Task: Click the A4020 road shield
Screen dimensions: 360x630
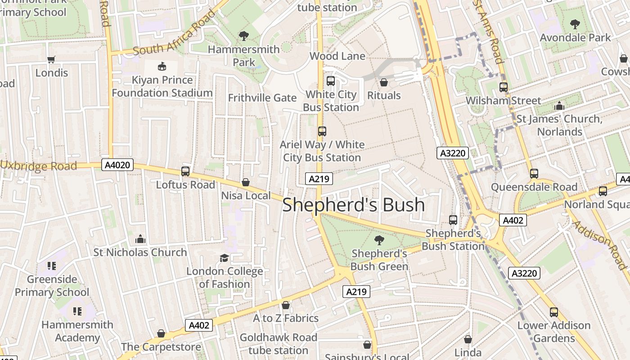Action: [x=117, y=165]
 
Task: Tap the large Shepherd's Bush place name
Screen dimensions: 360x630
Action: [x=353, y=205]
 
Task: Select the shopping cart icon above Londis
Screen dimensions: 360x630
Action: [x=51, y=59]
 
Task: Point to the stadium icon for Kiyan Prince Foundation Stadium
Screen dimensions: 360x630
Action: [x=162, y=67]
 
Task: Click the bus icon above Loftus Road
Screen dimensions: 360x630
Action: [x=185, y=171]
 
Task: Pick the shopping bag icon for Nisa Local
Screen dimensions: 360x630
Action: [x=246, y=182]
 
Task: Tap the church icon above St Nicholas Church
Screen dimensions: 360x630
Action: [x=140, y=239]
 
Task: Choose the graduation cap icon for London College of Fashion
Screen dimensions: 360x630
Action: [x=224, y=258]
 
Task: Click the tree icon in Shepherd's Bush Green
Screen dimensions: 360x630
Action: [x=379, y=240]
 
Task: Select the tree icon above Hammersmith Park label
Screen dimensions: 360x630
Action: [x=244, y=36]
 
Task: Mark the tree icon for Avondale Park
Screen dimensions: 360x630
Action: [x=575, y=24]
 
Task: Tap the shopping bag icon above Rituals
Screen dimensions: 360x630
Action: [x=384, y=82]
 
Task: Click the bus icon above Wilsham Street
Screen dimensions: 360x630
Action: [x=503, y=87]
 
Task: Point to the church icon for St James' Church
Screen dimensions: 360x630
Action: [x=559, y=106]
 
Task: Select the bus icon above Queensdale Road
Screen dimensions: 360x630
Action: [x=534, y=174]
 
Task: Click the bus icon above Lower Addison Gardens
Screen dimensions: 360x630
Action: [x=553, y=312]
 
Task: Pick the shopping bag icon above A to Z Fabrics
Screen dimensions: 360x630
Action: [x=285, y=306]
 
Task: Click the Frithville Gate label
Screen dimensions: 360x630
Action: [x=262, y=98]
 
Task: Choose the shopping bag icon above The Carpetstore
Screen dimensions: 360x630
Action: [x=161, y=334]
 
